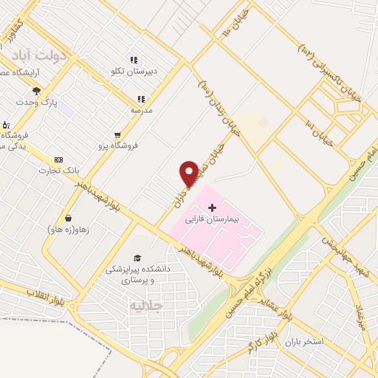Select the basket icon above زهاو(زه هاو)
69,218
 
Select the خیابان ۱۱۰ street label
241,27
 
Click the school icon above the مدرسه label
140,98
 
